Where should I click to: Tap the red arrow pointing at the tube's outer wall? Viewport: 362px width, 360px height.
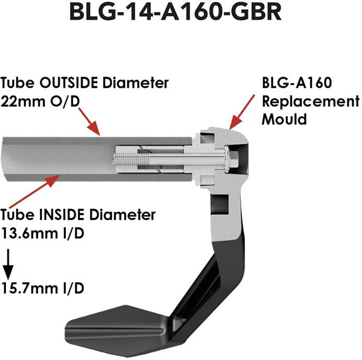92,125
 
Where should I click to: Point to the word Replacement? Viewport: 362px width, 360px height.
310,101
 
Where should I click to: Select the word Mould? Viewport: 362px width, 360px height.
284,118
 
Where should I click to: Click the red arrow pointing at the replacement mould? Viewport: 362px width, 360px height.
241,112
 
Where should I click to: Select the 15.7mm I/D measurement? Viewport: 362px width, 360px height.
43,287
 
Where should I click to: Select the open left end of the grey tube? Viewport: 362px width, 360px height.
6,158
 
